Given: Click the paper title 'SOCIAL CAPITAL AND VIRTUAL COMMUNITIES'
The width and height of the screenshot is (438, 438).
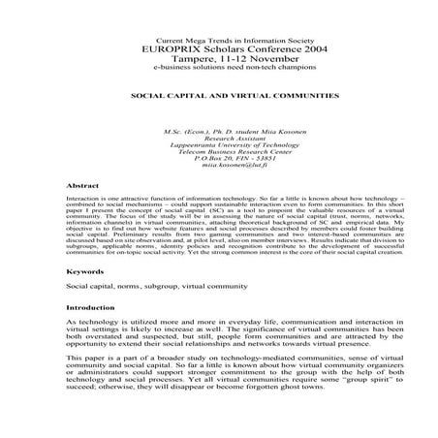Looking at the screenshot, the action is coord(220,98).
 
